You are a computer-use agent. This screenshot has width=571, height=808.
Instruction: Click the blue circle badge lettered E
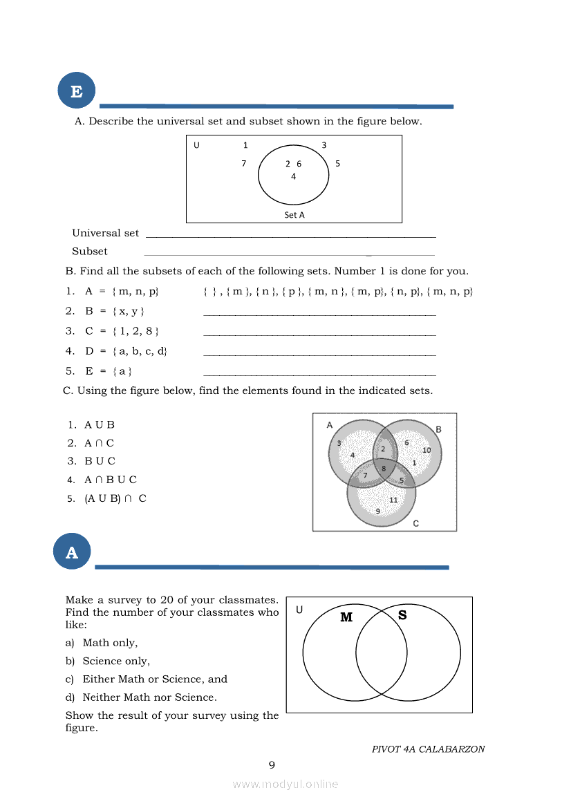[76, 91]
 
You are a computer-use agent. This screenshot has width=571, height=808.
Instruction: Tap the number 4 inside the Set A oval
[293, 176]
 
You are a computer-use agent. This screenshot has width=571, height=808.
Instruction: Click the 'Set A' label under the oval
[294, 215]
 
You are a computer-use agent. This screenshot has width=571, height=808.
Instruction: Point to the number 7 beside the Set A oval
[243, 164]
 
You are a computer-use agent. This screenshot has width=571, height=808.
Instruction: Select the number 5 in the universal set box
[337, 164]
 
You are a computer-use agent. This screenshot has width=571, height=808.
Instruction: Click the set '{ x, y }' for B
[128, 311]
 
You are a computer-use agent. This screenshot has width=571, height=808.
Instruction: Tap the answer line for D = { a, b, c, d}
[319, 355]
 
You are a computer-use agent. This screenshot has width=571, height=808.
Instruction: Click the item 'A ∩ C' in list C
[99, 443]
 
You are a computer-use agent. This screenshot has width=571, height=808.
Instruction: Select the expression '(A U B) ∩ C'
[115, 498]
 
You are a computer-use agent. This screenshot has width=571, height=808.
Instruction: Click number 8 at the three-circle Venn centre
[384, 468]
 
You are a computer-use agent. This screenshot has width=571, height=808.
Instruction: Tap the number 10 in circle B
[427, 450]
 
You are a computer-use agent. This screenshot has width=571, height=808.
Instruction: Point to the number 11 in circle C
[393, 500]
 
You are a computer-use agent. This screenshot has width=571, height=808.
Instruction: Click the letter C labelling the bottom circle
[415, 523]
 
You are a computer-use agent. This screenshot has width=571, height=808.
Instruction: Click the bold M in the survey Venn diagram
[346, 617]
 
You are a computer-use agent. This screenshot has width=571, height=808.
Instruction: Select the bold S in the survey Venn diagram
[402, 614]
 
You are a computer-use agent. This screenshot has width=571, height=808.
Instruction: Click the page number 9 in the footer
[272, 764]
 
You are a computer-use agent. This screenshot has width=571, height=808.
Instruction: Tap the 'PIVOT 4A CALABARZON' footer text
[428, 749]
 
